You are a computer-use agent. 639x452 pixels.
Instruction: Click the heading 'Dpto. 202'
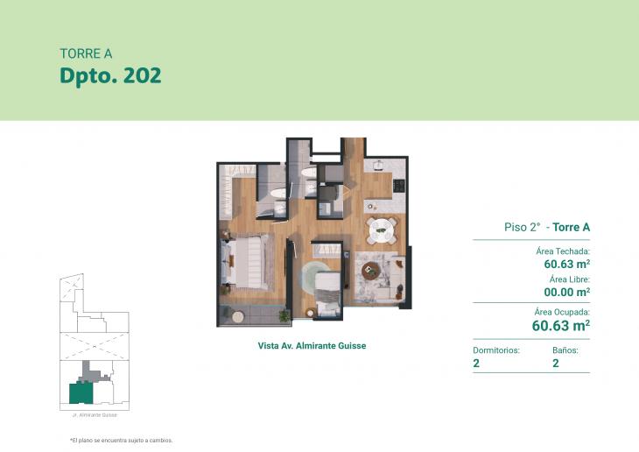110,75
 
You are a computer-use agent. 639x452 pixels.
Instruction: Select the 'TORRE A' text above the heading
85,53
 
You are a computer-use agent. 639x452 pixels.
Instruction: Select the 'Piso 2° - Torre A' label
547,227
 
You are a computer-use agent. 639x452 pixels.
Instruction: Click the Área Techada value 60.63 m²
565,263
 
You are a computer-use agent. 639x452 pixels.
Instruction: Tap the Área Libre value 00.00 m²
565,292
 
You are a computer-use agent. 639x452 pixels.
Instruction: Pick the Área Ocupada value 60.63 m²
560,326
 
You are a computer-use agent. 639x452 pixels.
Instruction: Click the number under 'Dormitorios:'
476,363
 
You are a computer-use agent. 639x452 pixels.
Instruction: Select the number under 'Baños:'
556,363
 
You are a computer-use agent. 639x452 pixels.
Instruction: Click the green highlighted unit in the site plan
79,392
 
